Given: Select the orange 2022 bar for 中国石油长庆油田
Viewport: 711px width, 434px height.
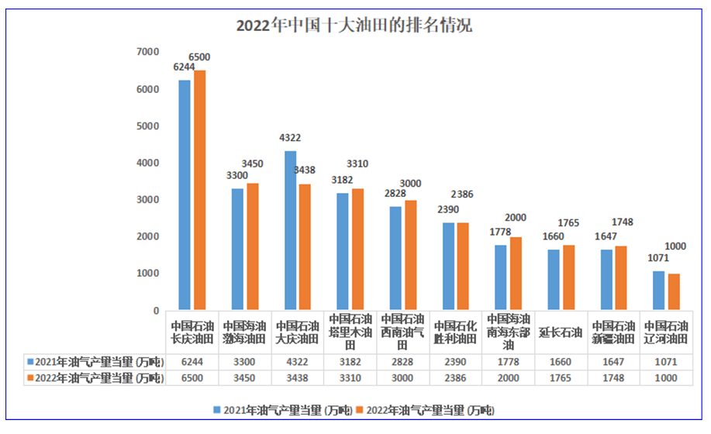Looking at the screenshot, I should (200, 190).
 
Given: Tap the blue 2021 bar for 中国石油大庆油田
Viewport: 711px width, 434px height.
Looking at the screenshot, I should (291, 230).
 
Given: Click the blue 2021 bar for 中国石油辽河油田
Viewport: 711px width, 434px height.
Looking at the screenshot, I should (658, 291).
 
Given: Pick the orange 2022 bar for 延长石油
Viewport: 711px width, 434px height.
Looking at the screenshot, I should (568, 277).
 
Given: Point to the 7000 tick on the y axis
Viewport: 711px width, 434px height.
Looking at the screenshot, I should (147, 52).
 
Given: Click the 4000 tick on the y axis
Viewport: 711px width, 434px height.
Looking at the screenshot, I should (147, 163).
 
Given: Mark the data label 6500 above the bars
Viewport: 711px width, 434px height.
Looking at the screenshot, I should (200, 57).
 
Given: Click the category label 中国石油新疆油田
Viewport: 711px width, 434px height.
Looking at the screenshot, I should (613, 332).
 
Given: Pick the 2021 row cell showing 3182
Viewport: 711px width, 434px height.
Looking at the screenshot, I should (350, 361).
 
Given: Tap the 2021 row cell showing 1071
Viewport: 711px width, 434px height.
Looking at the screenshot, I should (665, 361).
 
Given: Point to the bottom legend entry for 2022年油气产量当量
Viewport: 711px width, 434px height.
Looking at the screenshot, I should (429, 409).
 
